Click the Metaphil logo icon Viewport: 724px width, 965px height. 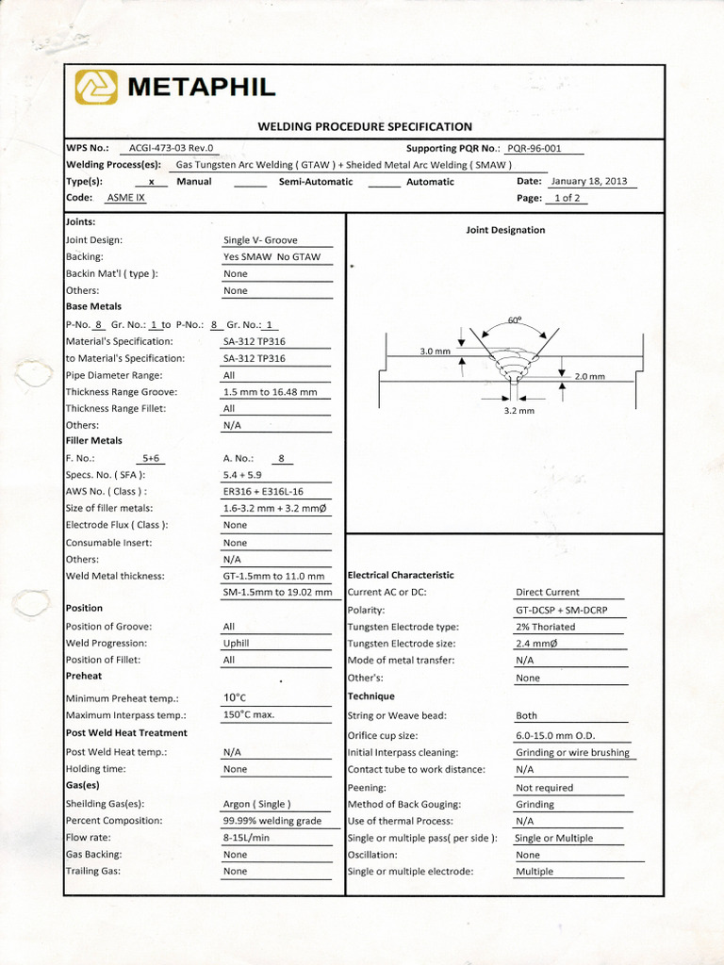pyautogui.click(x=96, y=88)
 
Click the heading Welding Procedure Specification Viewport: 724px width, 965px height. pyautogui.click(x=365, y=126)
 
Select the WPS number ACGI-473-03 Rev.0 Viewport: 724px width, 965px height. pyautogui.click(x=172, y=148)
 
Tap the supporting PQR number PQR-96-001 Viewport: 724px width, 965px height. pyautogui.click(x=534, y=148)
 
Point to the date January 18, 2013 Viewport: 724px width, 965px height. pyautogui.click(x=589, y=181)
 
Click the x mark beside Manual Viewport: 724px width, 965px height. pyautogui.click(x=151, y=182)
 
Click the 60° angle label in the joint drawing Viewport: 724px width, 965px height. pyautogui.click(x=514, y=319)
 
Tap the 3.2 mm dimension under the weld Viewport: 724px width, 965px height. pyautogui.click(x=518, y=411)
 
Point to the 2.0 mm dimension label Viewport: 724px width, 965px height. pyautogui.click(x=589, y=376)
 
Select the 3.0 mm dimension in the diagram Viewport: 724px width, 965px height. pyautogui.click(x=435, y=352)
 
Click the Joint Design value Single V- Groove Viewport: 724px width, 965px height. pyautogui.click(x=260, y=240)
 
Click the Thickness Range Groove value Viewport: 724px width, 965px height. pyautogui.click(x=270, y=392)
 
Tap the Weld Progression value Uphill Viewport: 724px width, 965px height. pyautogui.click(x=237, y=644)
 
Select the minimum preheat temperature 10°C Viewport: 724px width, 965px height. pyautogui.click(x=235, y=697)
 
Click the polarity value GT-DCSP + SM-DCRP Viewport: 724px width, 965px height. pyautogui.click(x=561, y=610)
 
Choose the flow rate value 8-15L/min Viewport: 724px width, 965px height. pyautogui.click(x=246, y=838)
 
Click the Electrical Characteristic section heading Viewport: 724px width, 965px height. pyautogui.click(x=401, y=575)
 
